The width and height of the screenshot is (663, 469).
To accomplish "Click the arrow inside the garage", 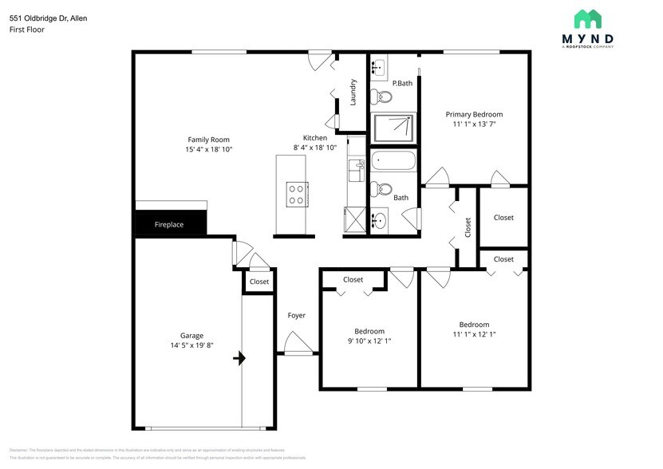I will pyautogui.click(x=239, y=359).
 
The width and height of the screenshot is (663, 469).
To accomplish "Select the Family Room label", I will pyautogui.click(x=208, y=140).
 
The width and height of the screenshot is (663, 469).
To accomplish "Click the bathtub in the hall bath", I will pyautogui.click(x=393, y=161).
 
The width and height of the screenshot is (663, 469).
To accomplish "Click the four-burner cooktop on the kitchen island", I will pyautogui.click(x=296, y=194).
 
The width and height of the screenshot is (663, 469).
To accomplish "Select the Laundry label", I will pyautogui.click(x=353, y=91).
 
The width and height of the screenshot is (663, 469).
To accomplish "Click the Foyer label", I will pyautogui.click(x=296, y=316).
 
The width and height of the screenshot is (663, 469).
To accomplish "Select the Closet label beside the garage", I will pyautogui.click(x=259, y=282).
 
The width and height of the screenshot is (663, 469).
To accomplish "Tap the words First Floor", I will pyautogui.click(x=27, y=30).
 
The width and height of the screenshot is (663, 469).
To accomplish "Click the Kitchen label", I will pyautogui.click(x=315, y=138).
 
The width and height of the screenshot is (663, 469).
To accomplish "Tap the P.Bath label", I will pyautogui.click(x=402, y=83).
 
